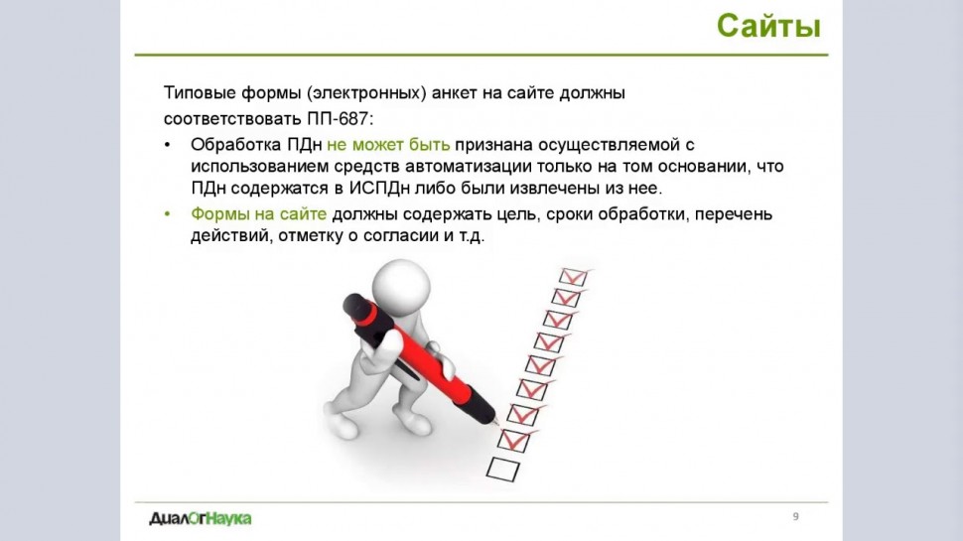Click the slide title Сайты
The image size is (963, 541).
(x=768, y=27)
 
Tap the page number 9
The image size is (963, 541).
(x=796, y=516)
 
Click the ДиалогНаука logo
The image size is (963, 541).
(x=201, y=519)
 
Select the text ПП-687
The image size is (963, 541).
(x=340, y=118)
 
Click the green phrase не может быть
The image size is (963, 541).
(x=388, y=144)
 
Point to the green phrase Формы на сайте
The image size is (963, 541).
(x=258, y=213)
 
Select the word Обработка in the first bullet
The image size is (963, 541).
(x=236, y=144)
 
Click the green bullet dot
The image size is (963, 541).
(x=167, y=214)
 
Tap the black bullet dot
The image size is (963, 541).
(x=167, y=145)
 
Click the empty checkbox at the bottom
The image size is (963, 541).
(x=503, y=470)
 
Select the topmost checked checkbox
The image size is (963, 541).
(x=574, y=277)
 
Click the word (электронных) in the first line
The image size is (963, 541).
(x=367, y=93)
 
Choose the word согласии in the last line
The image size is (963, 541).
(x=401, y=236)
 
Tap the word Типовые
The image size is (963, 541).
(x=200, y=93)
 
